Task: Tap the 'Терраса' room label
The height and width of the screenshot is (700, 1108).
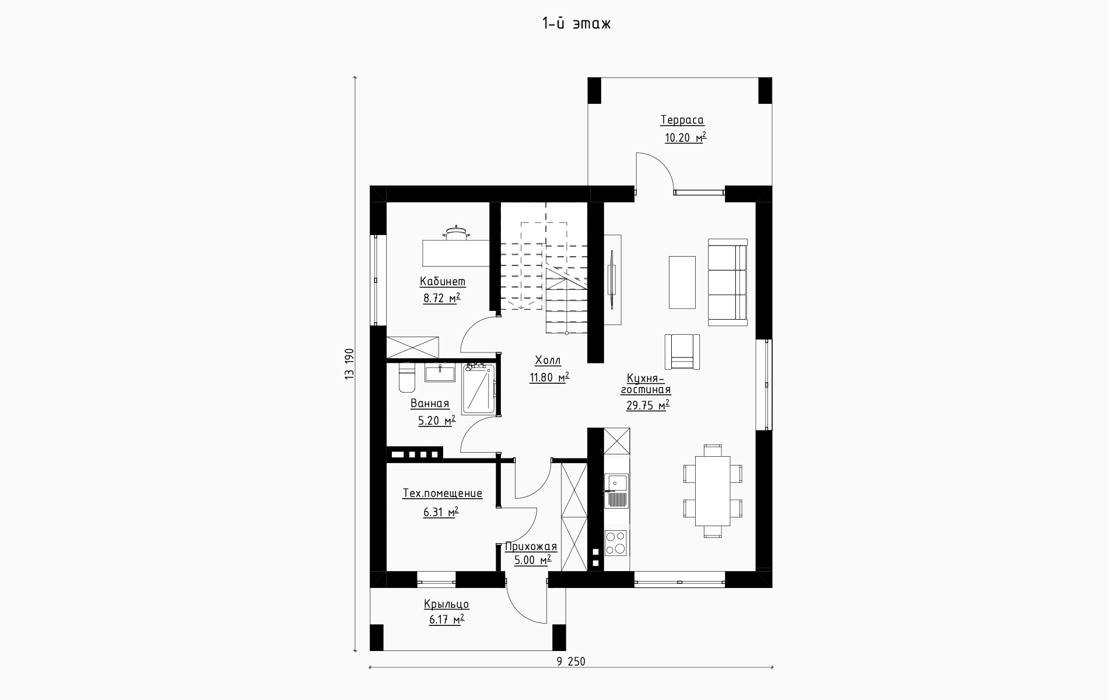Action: pyautogui.click(x=682, y=120)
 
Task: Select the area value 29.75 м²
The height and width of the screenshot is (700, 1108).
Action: pyautogui.click(x=647, y=405)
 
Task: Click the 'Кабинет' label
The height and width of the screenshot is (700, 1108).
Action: pyautogui.click(x=443, y=282)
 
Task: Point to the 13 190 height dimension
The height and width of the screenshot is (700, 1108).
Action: pyautogui.click(x=349, y=365)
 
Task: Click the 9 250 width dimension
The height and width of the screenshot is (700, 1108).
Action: pyautogui.click(x=571, y=661)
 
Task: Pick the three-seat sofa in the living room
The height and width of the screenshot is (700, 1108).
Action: pyautogui.click(x=727, y=282)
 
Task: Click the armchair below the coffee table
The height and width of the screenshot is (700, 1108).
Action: pyautogui.click(x=682, y=351)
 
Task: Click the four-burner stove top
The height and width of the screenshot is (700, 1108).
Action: pyautogui.click(x=615, y=542)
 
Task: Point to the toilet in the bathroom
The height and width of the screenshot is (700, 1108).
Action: pyautogui.click(x=406, y=377)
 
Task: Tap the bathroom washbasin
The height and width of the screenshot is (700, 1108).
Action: pyautogui.click(x=440, y=373)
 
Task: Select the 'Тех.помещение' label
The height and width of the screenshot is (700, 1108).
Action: pyautogui.click(x=443, y=494)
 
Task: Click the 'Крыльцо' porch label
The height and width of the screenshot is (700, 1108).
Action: pyautogui.click(x=447, y=604)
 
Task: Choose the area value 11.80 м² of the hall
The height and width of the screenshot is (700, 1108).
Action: pyautogui.click(x=549, y=378)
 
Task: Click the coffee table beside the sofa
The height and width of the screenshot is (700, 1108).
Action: pyautogui.click(x=682, y=282)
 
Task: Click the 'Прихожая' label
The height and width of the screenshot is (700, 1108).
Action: pyautogui.click(x=531, y=547)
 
